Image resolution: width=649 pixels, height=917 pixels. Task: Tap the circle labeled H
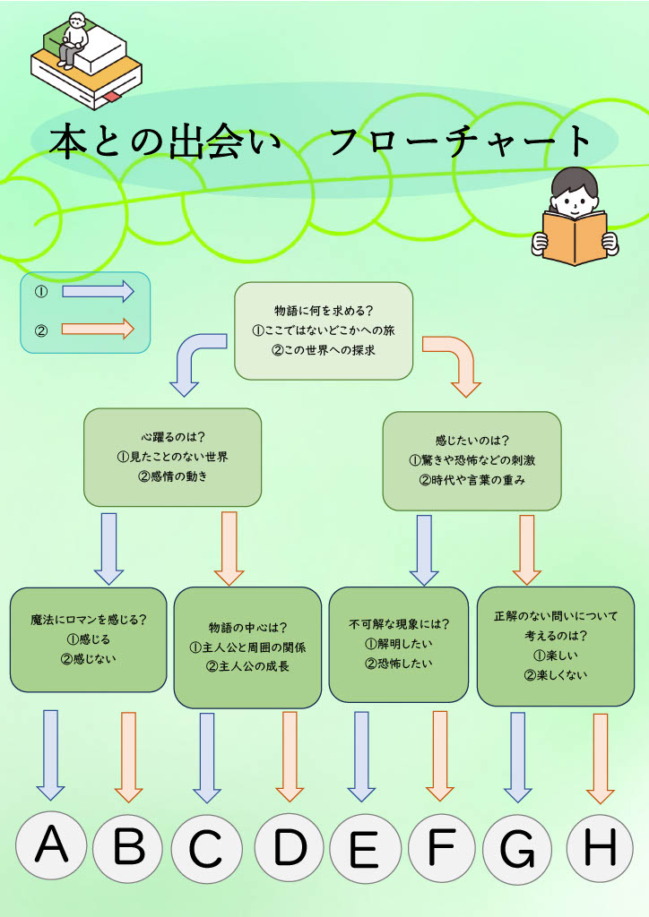click(600, 847)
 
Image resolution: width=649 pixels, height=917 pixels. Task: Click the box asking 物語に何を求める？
click(324, 330)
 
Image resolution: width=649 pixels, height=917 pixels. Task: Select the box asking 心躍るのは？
click(172, 457)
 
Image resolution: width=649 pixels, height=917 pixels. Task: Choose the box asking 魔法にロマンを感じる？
click(88, 638)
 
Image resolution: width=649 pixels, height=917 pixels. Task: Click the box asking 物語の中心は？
click(247, 647)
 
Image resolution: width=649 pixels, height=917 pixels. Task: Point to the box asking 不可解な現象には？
click(398, 644)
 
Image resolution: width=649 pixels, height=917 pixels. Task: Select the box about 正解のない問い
click(555, 646)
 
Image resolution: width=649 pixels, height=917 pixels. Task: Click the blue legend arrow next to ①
click(98, 292)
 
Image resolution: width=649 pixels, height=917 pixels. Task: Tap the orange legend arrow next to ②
click(98, 329)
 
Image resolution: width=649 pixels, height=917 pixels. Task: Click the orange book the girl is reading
click(575, 238)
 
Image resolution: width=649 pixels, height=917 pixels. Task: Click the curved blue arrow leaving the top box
click(195, 358)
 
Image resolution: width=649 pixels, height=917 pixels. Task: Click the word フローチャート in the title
click(461, 142)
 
